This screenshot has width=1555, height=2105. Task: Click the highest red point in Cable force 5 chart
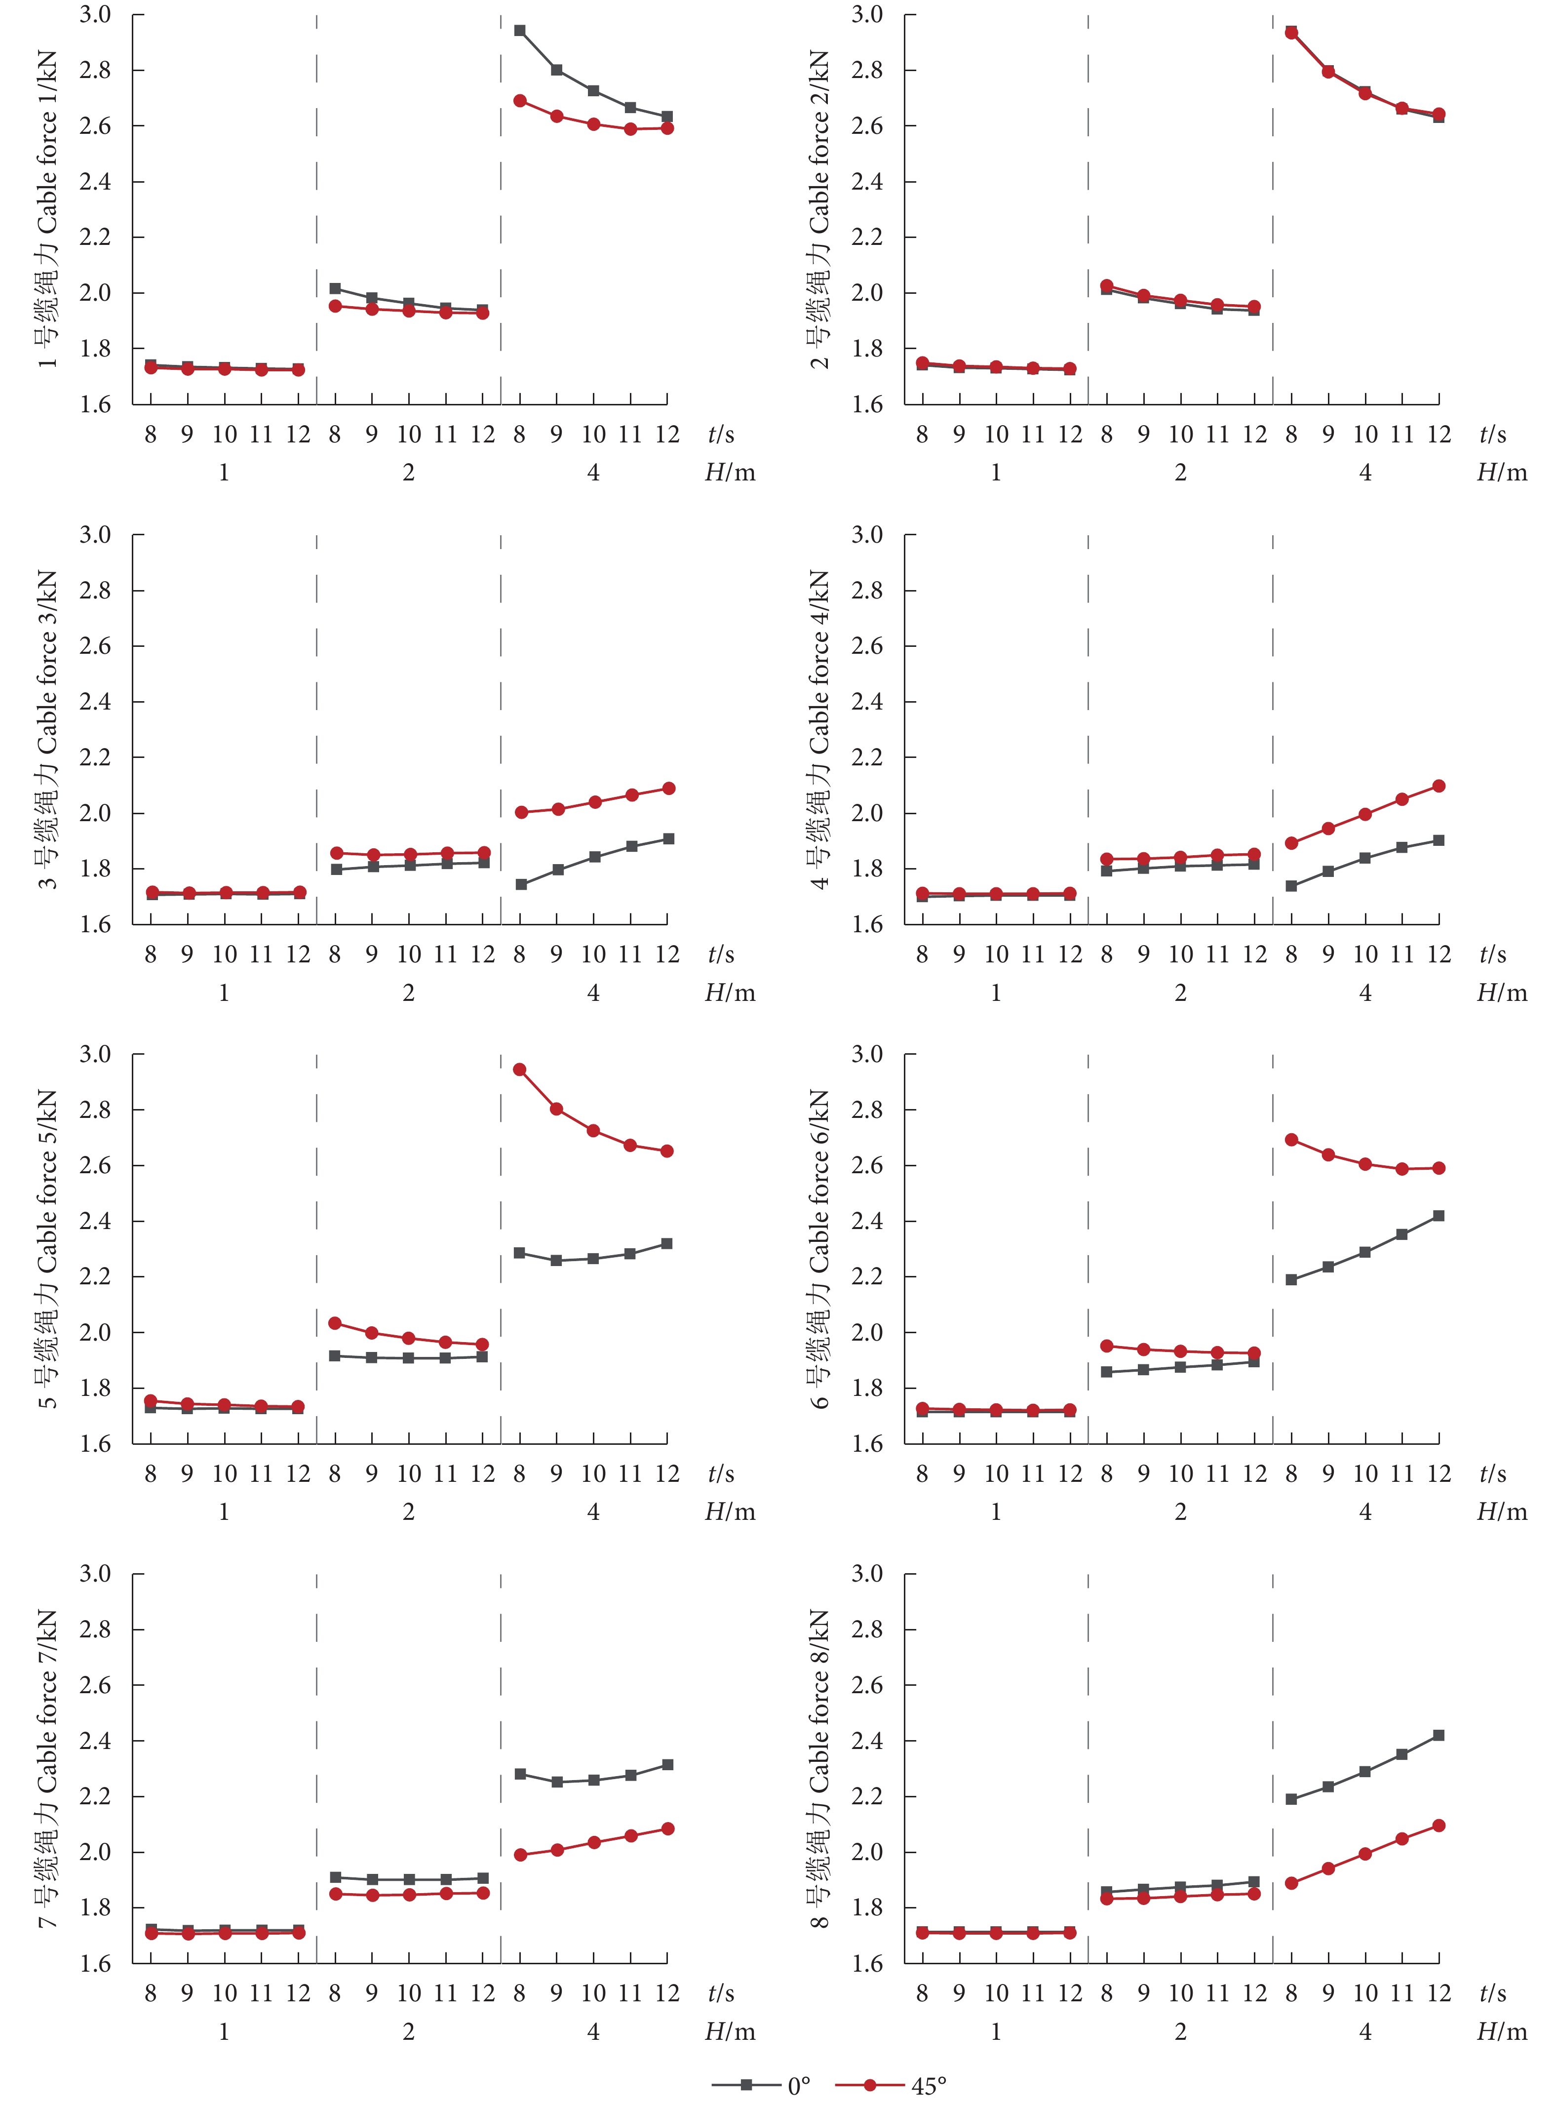click(520, 1070)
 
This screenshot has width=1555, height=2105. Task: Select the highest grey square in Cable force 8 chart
click(1438, 1735)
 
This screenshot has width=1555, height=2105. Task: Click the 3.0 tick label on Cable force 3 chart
click(95, 535)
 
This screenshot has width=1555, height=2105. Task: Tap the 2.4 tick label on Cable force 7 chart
click(95, 1741)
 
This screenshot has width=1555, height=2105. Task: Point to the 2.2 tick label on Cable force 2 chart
click(867, 237)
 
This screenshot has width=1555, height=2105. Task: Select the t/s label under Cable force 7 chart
click(721, 1993)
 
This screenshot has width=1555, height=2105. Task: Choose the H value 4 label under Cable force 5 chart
click(593, 1512)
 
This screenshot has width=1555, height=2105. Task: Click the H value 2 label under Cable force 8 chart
click(1180, 2031)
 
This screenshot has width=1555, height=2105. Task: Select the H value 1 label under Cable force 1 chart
click(224, 473)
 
